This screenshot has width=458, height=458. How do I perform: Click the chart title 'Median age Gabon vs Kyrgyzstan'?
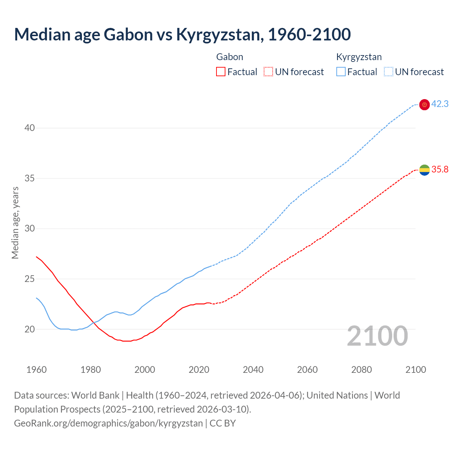182,34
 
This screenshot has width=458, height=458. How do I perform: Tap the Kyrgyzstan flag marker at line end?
424,104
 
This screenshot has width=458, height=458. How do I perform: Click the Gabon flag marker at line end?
424,170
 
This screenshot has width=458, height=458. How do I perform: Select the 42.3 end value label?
440,104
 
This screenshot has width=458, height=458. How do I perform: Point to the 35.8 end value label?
440,170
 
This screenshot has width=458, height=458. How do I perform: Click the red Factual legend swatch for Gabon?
221,72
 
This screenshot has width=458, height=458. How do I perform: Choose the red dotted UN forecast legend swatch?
268,72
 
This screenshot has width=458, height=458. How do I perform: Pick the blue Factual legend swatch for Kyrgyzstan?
341,72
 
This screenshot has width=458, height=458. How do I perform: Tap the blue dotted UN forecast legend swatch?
388,72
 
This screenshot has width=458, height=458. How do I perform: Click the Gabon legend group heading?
230,57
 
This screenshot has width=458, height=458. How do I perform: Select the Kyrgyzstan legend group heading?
359,57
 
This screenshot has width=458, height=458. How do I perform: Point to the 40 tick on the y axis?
30,128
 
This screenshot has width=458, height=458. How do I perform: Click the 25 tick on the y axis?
30,279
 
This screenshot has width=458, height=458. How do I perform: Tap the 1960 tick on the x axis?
36,370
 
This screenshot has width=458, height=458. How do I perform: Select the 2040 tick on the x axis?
253,370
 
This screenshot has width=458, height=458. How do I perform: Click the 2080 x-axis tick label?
361,370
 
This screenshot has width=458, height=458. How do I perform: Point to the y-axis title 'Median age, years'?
15,223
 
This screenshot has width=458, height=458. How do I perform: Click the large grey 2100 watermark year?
377,336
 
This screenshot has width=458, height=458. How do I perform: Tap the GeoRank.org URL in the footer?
108,423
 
